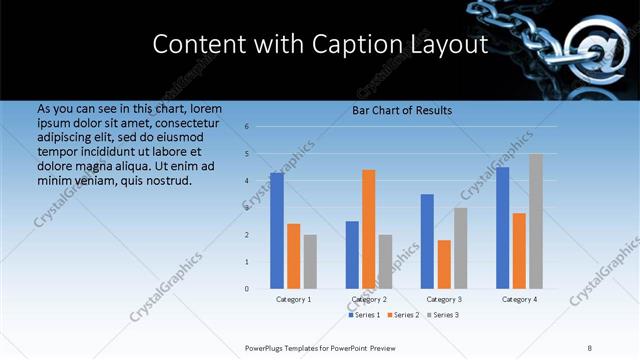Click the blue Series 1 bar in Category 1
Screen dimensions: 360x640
(x=277, y=231)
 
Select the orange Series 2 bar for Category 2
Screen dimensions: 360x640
(x=369, y=229)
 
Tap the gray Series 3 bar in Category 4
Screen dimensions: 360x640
(x=536, y=221)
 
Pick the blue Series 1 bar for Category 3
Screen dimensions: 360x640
(x=427, y=241)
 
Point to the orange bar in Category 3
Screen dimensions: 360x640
(x=444, y=264)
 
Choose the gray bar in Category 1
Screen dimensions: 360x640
(x=310, y=261)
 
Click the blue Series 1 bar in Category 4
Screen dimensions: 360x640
(x=503, y=228)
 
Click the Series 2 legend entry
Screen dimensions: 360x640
(x=402, y=315)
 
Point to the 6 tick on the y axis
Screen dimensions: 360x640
(x=247, y=127)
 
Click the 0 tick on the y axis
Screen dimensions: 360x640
(x=247, y=289)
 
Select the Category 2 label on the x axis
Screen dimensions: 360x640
(x=369, y=299)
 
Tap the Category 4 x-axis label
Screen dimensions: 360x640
(x=519, y=299)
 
